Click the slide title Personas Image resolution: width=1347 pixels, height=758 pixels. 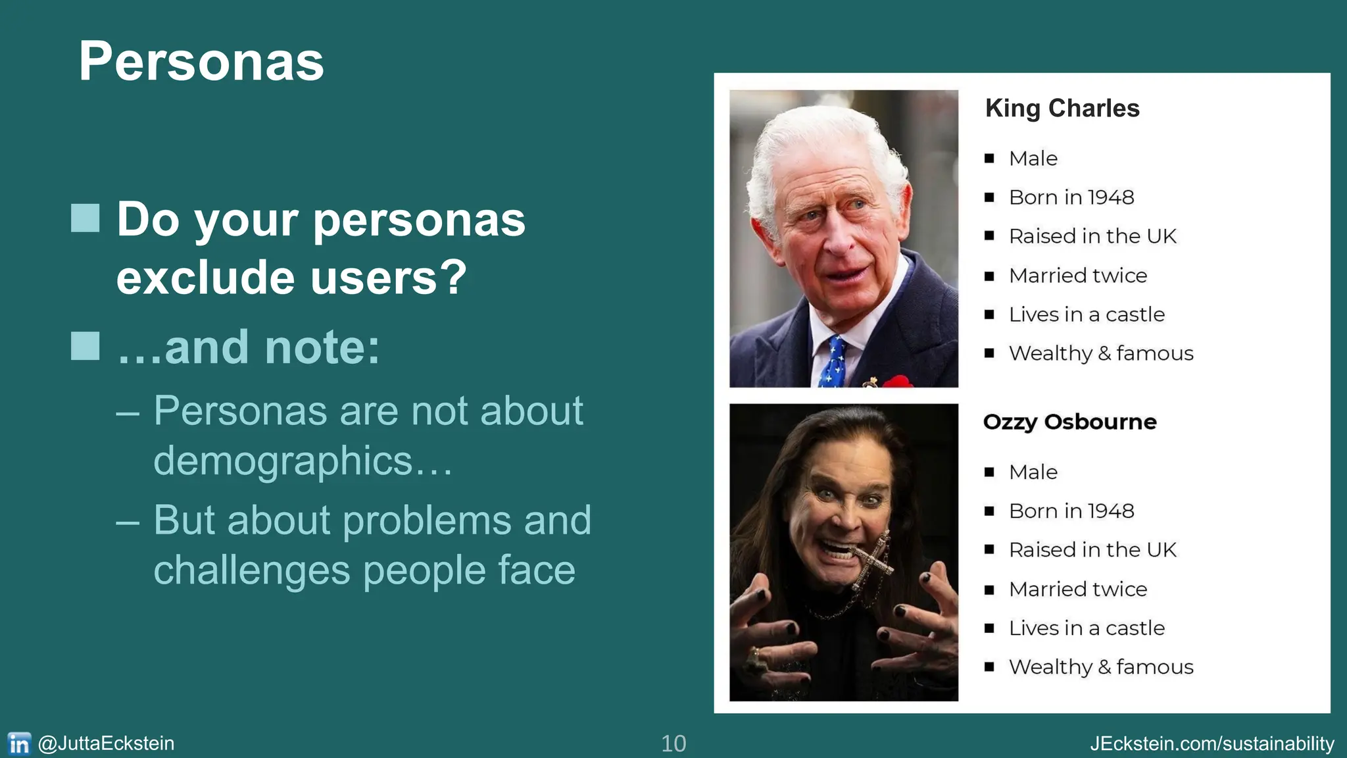coord(201,62)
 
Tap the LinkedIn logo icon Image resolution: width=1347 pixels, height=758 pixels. coord(19,744)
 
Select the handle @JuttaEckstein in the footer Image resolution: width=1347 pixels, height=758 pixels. coord(107,744)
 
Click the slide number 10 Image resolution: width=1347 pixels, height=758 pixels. coord(673,744)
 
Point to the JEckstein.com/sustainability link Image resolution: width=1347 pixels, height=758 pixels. coord(1212,744)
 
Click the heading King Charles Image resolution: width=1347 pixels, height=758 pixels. coord(1062,109)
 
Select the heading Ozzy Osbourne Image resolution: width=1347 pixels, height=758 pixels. coord(1069,422)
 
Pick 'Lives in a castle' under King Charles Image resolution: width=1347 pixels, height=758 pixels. coord(1087,315)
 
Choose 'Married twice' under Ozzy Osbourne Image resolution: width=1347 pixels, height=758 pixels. coord(1078,589)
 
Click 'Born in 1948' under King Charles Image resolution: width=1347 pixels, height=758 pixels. coord(1071,197)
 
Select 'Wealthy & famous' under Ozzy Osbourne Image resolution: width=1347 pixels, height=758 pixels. coord(1101,667)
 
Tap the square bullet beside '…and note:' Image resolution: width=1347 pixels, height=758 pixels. coord(86,347)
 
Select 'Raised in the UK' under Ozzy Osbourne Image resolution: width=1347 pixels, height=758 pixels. coord(1092,550)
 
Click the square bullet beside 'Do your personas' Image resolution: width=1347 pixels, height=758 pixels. coord(86,218)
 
